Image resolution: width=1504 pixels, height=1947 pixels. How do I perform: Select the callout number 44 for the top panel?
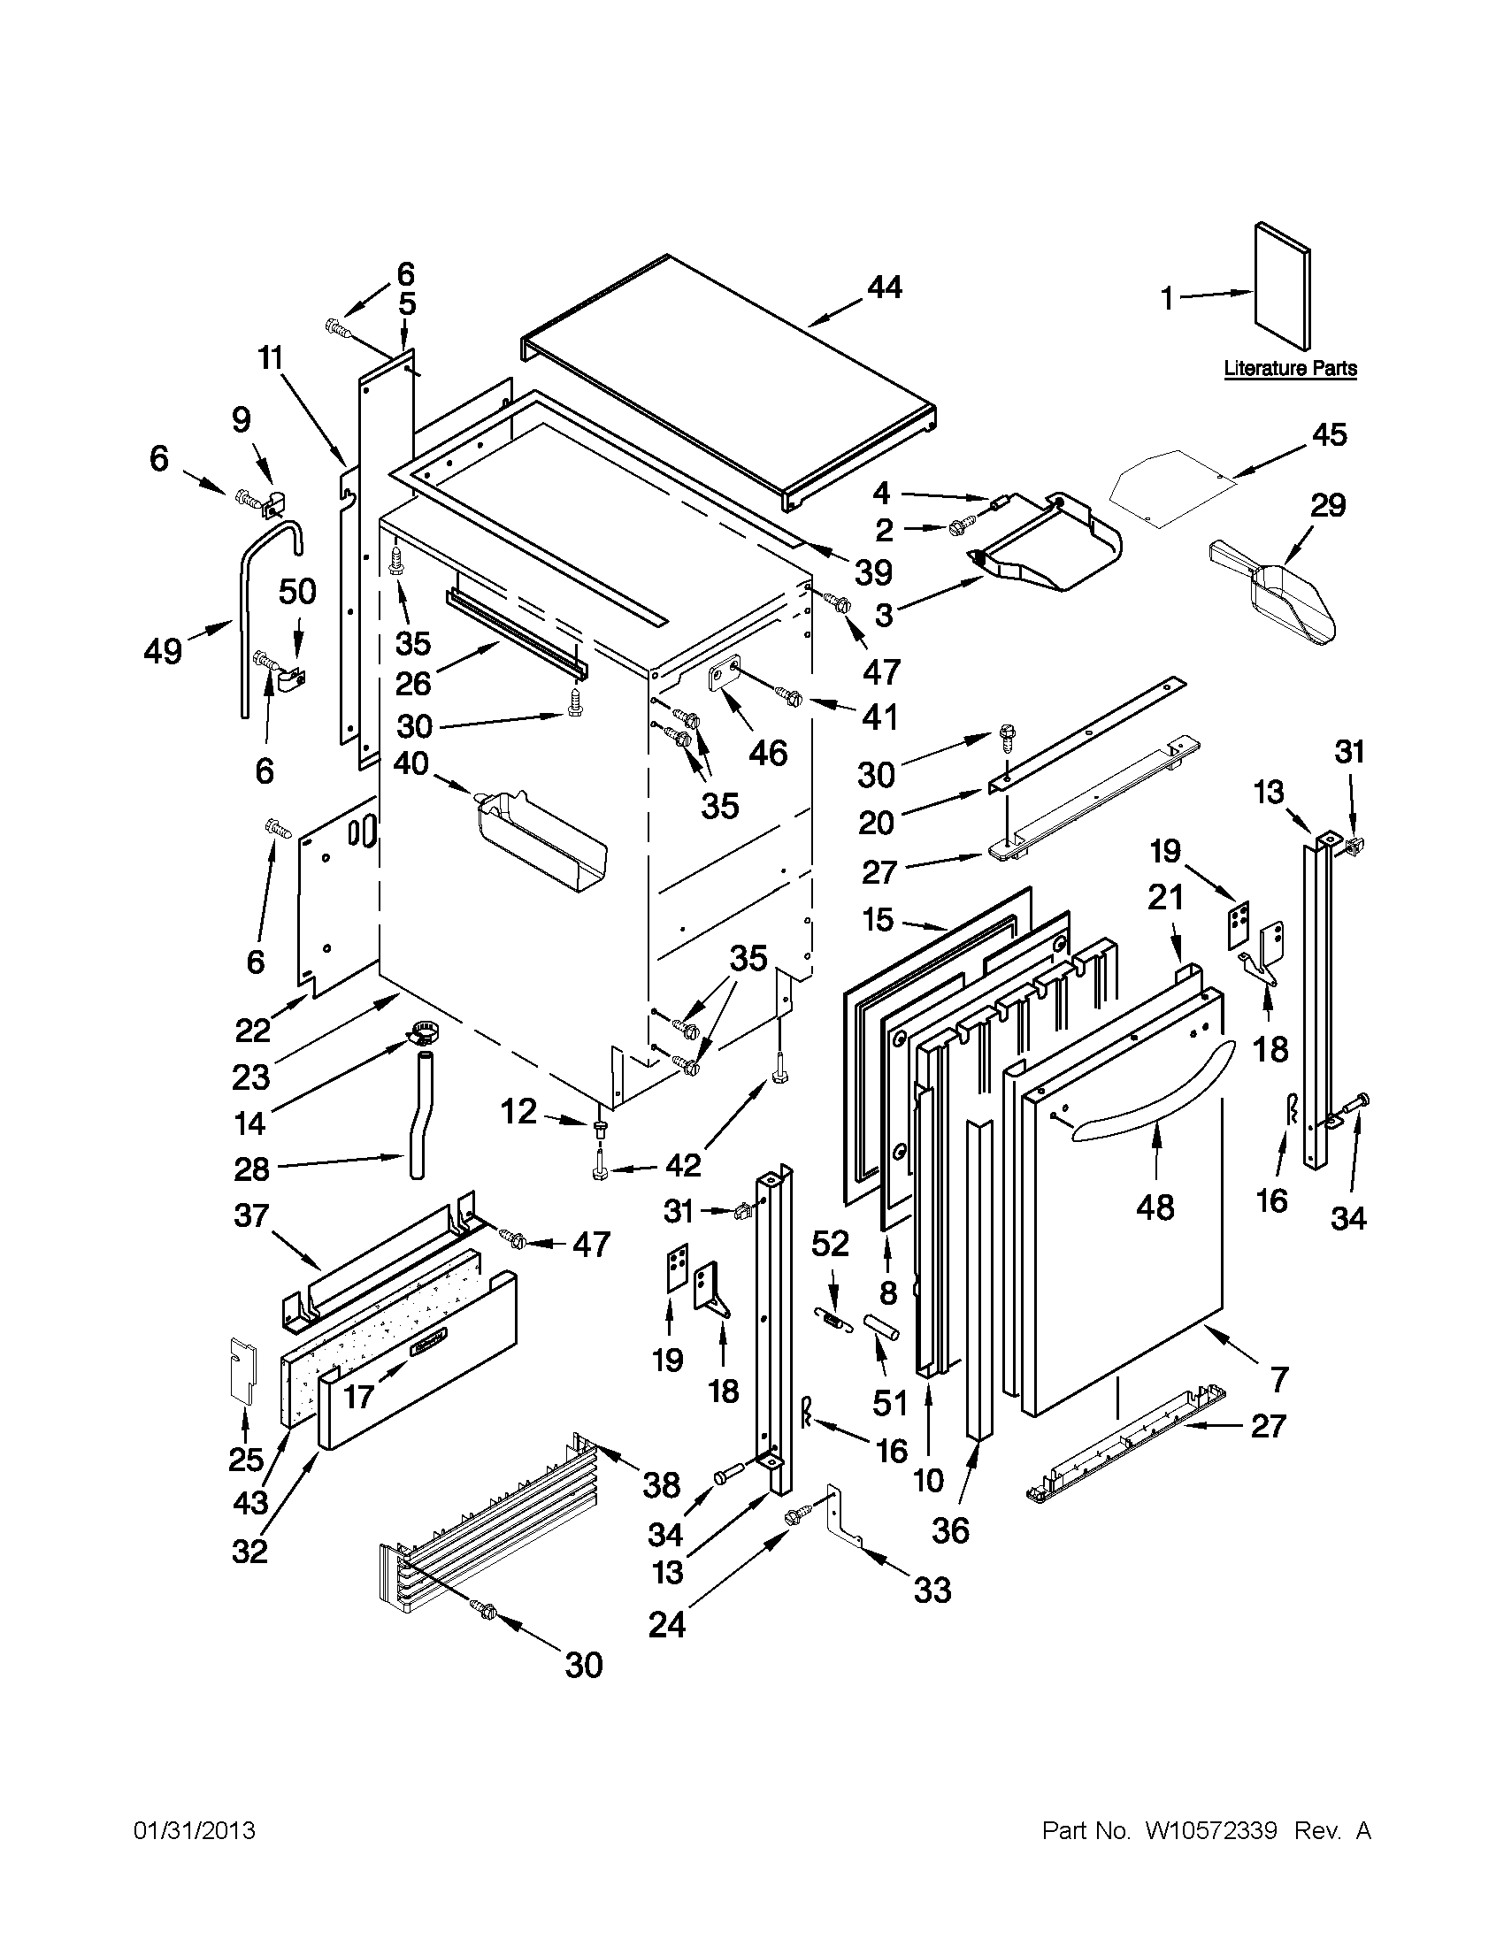(884, 287)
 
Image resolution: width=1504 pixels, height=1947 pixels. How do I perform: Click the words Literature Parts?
(1289, 368)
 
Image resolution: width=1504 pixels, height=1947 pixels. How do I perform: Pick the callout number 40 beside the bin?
(411, 764)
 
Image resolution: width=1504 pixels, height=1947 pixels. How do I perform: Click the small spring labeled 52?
(830, 1315)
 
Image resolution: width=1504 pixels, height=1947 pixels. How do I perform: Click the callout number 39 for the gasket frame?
(873, 571)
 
